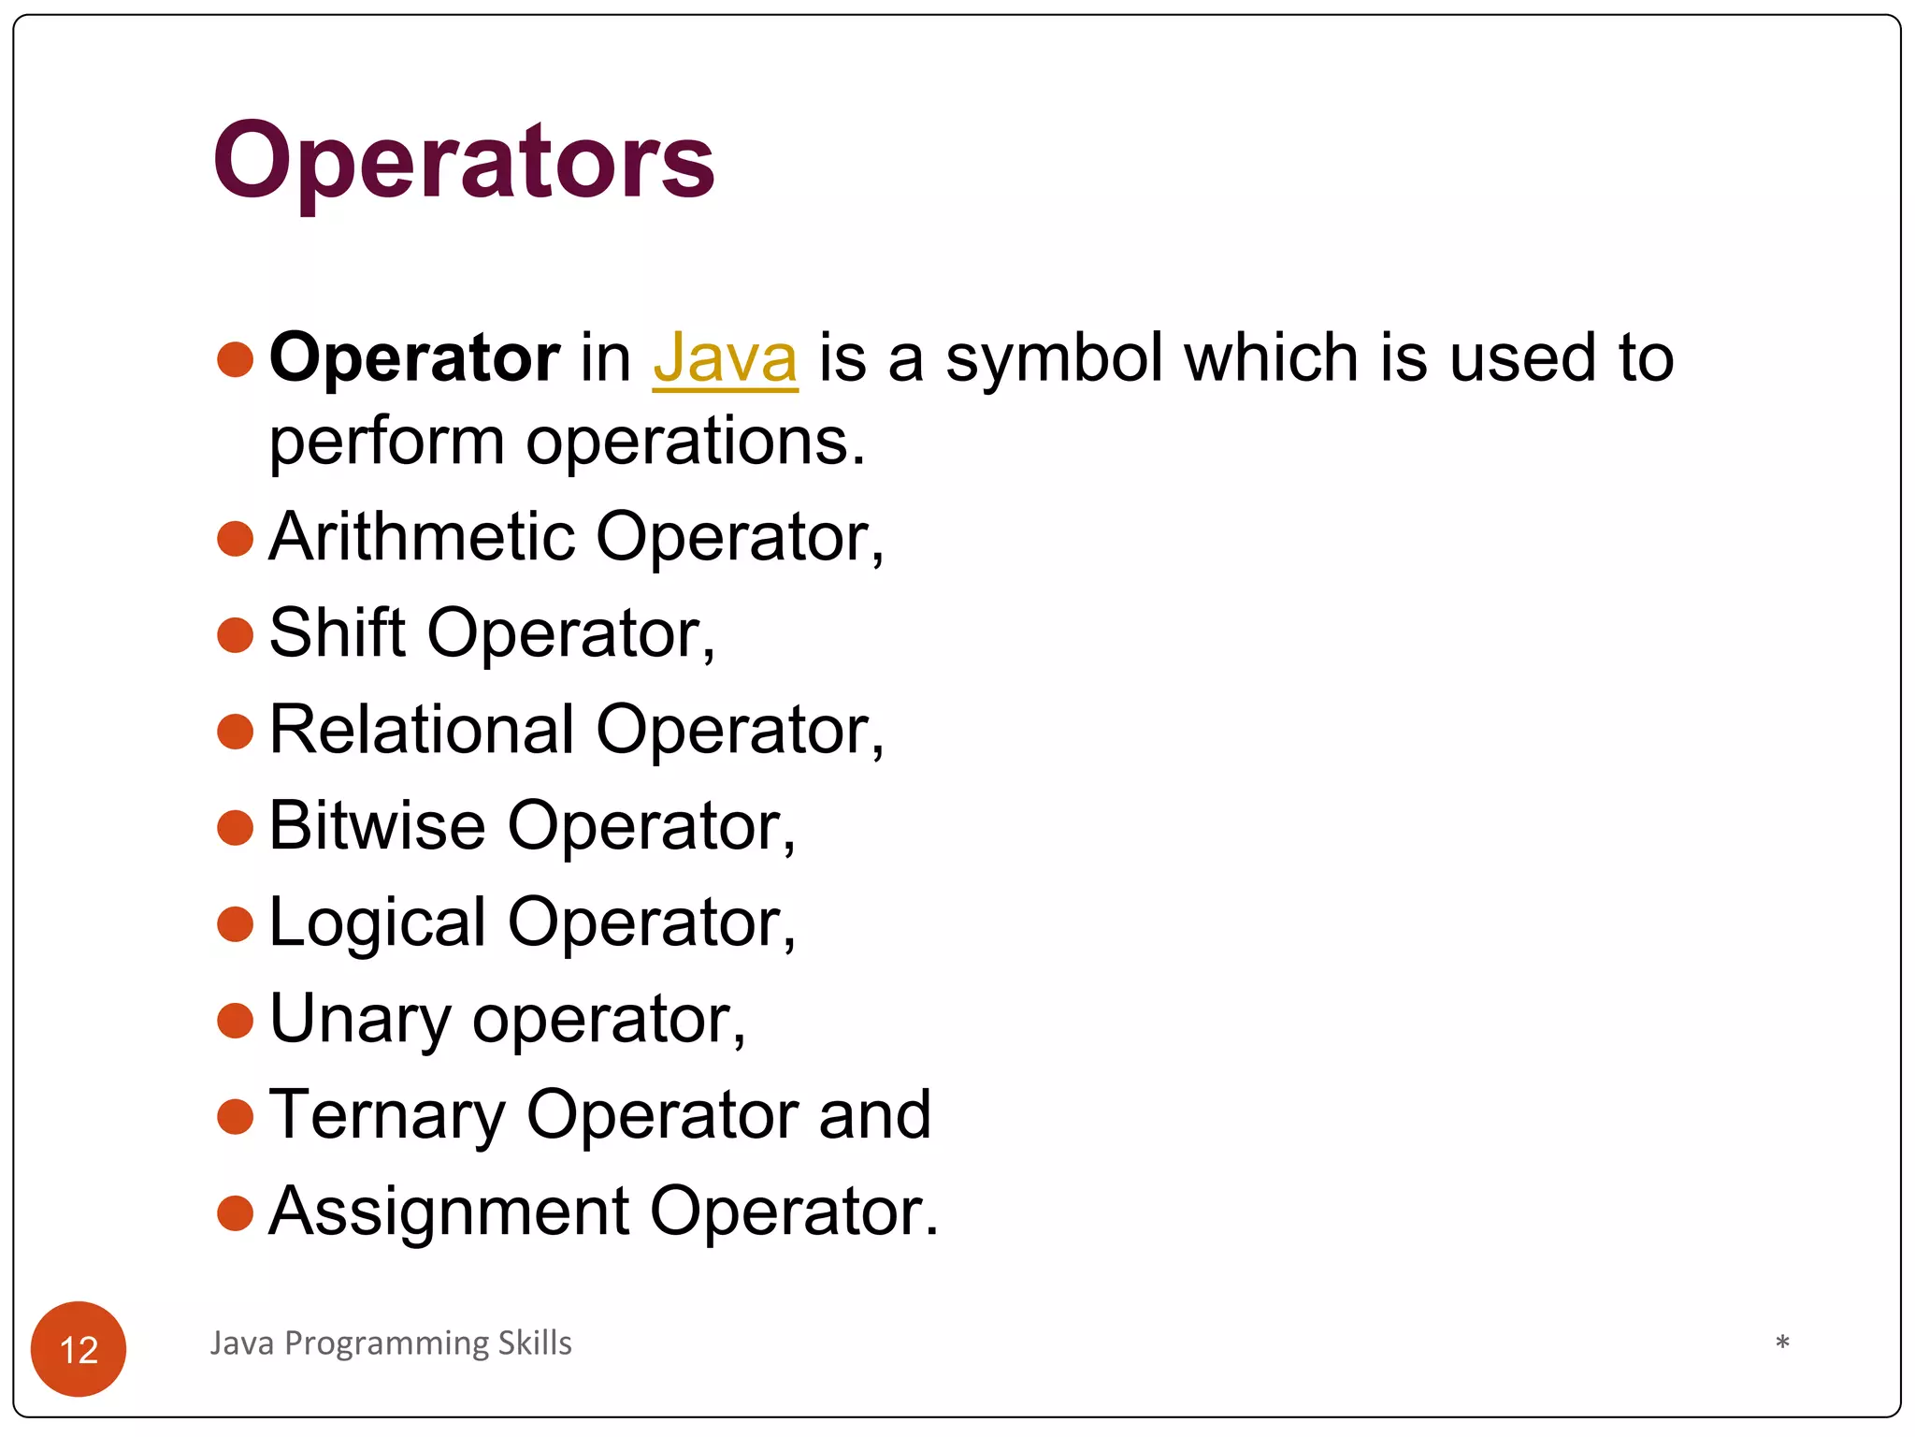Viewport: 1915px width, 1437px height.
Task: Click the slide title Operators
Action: (x=464, y=161)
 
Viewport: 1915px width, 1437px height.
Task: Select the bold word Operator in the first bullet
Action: (x=414, y=359)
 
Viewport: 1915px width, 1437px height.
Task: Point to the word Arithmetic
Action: (x=422, y=537)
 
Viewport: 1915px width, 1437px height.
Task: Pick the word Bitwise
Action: (x=377, y=826)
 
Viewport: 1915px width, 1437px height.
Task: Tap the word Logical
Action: (x=377, y=924)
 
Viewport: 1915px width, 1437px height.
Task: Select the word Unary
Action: (x=360, y=1019)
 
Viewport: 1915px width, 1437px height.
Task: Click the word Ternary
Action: (x=386, y=1116)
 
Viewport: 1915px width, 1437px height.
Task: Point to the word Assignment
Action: (x=448, y=1212)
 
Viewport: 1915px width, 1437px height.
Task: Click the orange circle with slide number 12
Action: (x=79, y=1348)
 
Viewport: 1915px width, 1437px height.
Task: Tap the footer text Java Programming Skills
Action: (x=391, y=1343)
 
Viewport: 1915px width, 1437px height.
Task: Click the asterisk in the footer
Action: (x=1782, y=1343)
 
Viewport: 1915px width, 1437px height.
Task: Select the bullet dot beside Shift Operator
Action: (x=235, y=635)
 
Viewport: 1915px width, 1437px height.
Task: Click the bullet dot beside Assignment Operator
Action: (x=235, y=1213)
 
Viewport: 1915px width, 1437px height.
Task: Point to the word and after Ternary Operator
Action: (x=874, y=1115)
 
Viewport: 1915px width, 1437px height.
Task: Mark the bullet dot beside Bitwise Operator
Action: (x=235, y=828)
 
